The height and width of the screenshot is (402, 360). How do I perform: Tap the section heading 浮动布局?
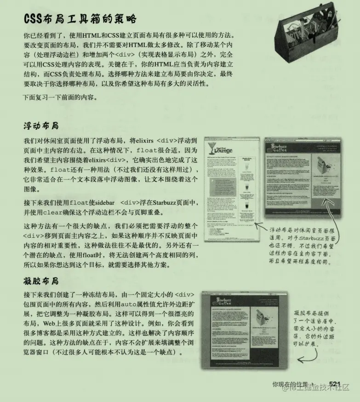click(41, 126)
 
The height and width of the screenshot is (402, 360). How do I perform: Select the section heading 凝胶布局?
click(41, 280)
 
